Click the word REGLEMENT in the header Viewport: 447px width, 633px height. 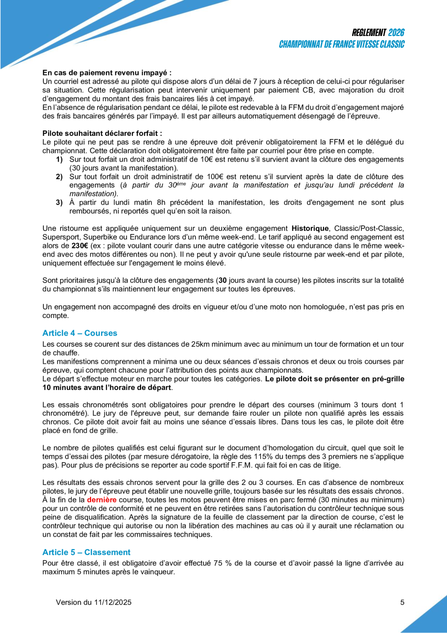[369, 33]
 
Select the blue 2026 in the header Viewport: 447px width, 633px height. [397, 33]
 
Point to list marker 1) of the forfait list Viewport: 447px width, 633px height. [59, 160]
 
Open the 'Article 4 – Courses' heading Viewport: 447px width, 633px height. [80, 333]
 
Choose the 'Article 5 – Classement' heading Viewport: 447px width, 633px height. [86, 552]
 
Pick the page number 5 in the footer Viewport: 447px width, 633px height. [402, 602]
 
